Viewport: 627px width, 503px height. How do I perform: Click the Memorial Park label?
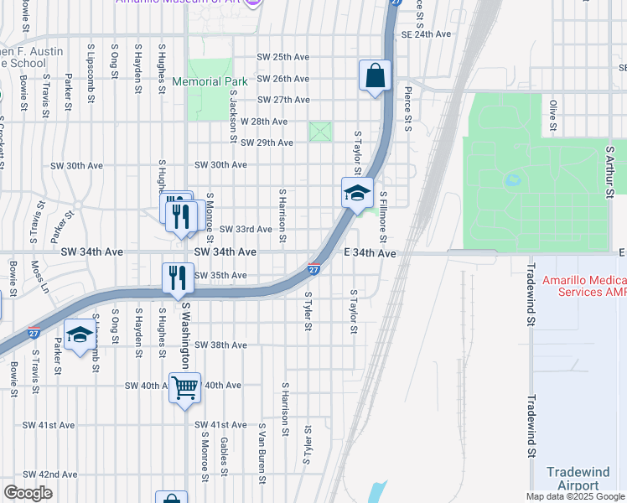point(210,81)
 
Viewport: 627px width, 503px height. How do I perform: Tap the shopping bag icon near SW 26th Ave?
point(375,75)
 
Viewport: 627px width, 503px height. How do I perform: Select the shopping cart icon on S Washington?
point(184,388)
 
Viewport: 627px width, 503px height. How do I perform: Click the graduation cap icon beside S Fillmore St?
point(356,193)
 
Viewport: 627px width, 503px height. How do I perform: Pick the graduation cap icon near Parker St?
point(80,336)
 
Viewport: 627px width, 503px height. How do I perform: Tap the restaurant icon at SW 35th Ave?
point(177,277)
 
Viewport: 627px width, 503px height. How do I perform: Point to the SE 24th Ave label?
point(426,34)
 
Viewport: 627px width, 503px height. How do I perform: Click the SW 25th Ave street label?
point(283,57)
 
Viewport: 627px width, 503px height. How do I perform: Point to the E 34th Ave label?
point(369,252)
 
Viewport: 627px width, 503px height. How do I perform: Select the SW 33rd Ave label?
point(246,229)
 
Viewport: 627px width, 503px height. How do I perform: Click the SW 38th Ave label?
point(220,345)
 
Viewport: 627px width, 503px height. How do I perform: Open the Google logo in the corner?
point(28,493)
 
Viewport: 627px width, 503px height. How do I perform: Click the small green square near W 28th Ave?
point(320,132)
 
